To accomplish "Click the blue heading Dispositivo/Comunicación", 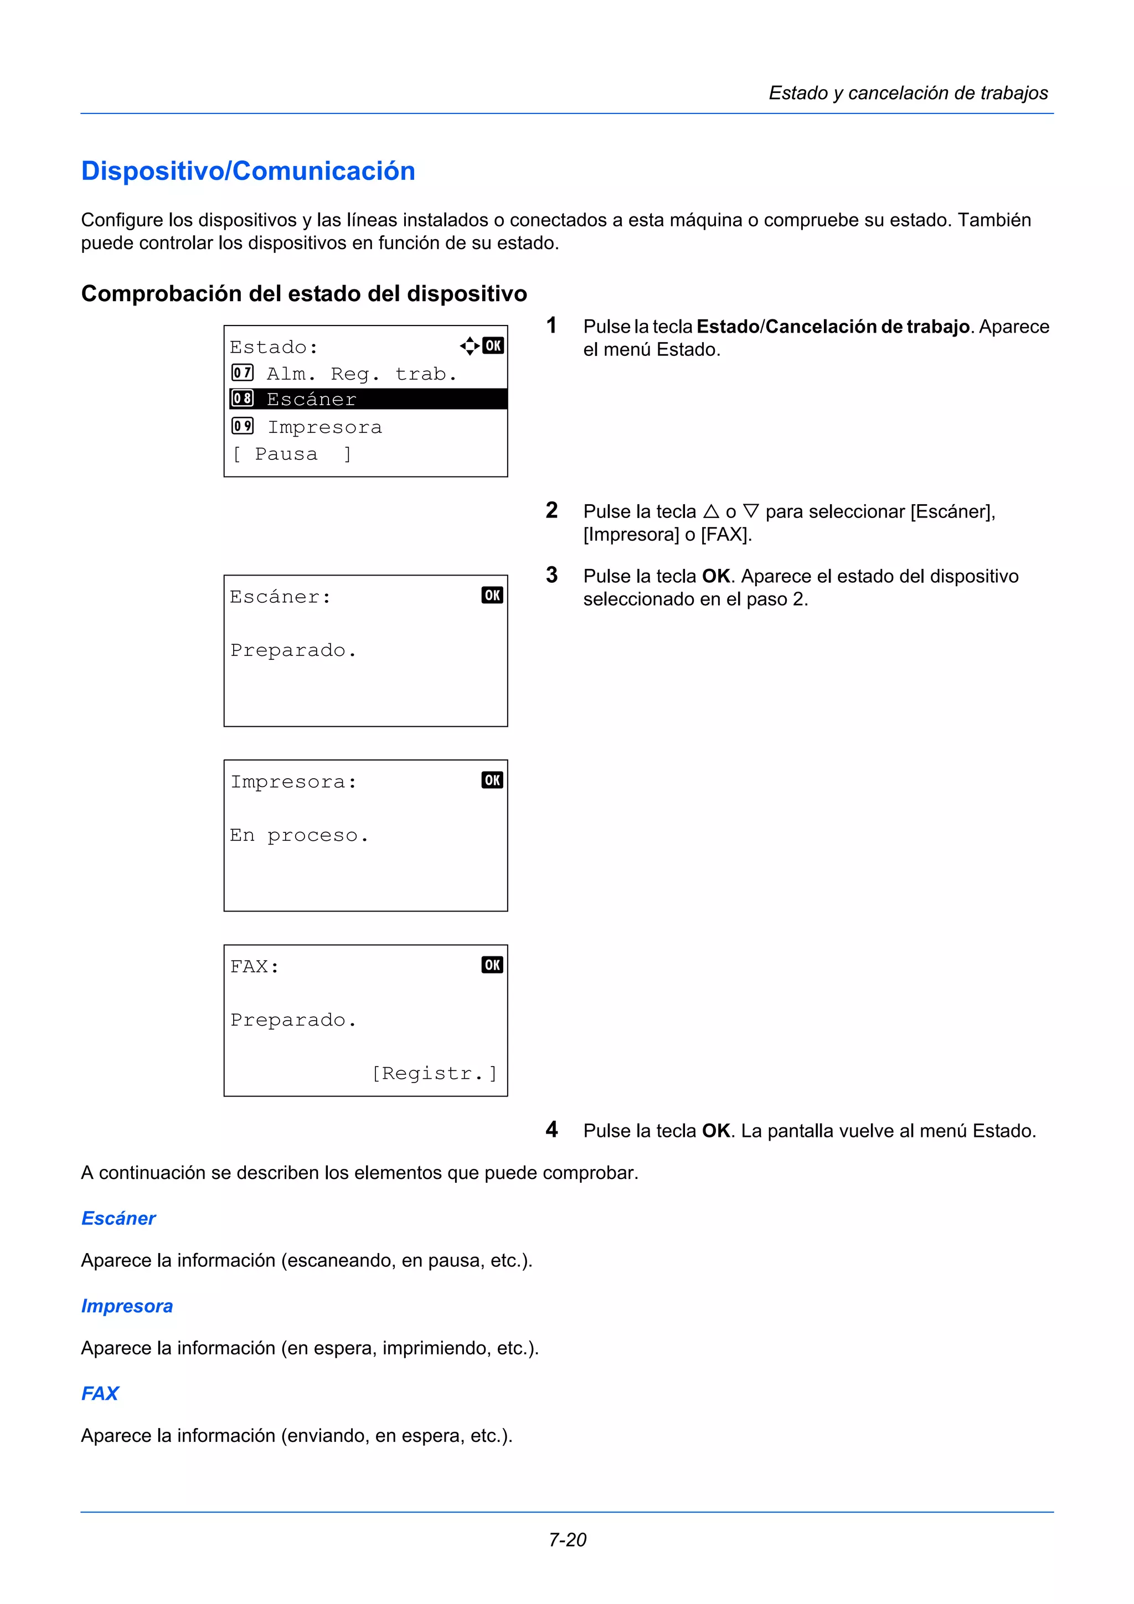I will click(248, 171).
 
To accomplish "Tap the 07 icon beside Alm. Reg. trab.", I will click(243, 372).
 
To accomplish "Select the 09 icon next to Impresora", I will click(243, 426).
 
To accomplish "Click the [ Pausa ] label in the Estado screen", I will click(291, 454).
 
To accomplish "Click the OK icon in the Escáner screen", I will click(492, 595).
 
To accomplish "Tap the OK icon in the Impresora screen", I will click(492, 780).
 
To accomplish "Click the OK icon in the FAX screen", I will click(492, 965).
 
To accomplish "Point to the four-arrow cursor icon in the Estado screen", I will click(470, 345).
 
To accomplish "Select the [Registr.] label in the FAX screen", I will click(435, 1073).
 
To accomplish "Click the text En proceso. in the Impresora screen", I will click(298, 836).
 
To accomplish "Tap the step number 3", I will click(552, 575).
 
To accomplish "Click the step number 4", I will click(552, 1130).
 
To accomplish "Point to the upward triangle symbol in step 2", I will click(712, 511).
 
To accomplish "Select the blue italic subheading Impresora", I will click(127, 1306).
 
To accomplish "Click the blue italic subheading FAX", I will click(100, 1393).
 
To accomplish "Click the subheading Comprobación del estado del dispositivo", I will click(304, 293).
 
